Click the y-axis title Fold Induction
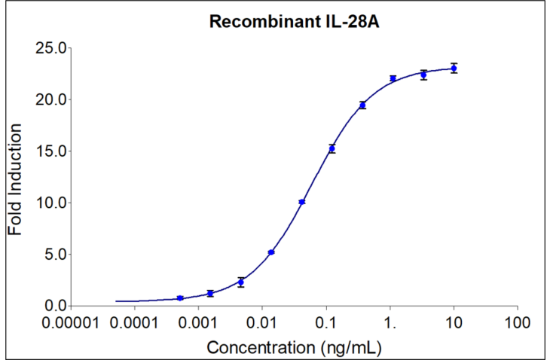pos(16,178)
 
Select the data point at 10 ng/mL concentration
pos(454,68)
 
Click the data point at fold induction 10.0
pos(302,202)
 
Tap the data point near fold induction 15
pos(332,148)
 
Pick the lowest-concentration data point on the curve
pos(180,298)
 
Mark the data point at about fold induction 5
pos(271,252)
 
